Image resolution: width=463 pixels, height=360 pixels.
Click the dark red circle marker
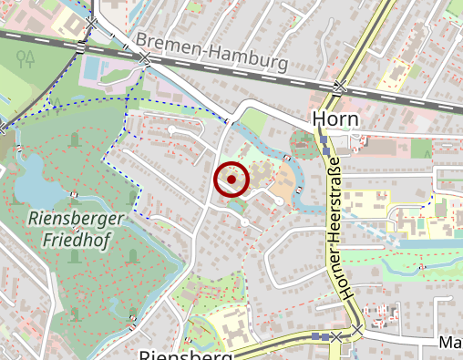click(231, 180)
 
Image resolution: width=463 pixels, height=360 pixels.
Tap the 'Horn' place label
click(336, 119)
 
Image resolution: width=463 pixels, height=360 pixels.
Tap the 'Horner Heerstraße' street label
click(334, 228)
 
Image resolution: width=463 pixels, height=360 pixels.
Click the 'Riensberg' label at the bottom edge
click(181, 354)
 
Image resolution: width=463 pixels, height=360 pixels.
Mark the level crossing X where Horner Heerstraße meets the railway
click(340, 88)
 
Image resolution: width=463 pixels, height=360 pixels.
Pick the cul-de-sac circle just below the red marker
click(245, 222)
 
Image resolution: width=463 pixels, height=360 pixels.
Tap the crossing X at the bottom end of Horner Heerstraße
click(337, 336)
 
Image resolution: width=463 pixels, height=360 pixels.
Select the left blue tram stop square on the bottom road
click(316, 336)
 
